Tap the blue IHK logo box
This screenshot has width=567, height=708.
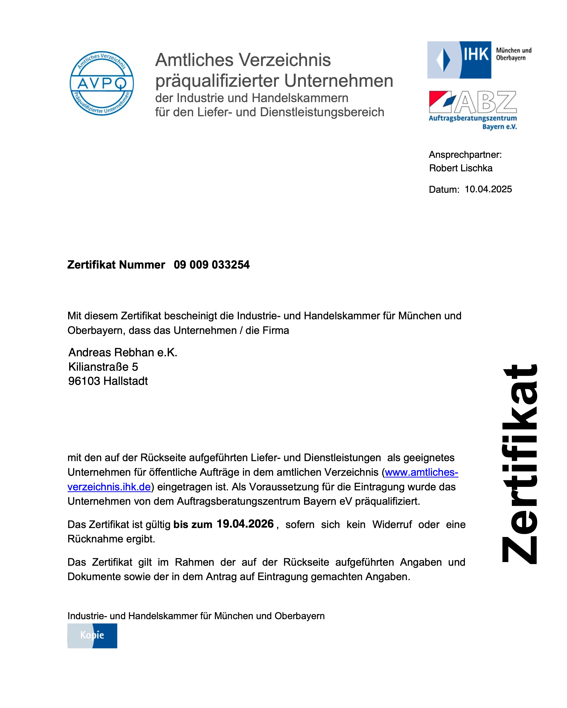[x=459, y=60]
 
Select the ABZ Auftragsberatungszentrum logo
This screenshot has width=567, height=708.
[x=473, y=110]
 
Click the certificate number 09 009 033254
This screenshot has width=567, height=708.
[x=212, y=265]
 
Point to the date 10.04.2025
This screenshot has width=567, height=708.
[x=488, y=189]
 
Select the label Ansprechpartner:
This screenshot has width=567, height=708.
[x=465, y=155]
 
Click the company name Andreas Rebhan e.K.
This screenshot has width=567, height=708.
[x=123, y=352]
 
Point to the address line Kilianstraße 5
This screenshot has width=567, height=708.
[x=103, y=367]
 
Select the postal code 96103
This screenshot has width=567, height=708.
[x=84, y=381]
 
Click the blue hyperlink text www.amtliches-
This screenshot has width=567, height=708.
[x=421, y=472]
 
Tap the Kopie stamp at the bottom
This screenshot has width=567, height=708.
[x=92, y=635]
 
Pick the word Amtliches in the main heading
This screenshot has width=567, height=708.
[x=194, y=60]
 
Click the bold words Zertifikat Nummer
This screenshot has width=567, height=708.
[x=116, y=265]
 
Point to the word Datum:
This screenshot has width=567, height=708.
[x=444, y=190]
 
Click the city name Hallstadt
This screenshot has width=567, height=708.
[x=126, y=381]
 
